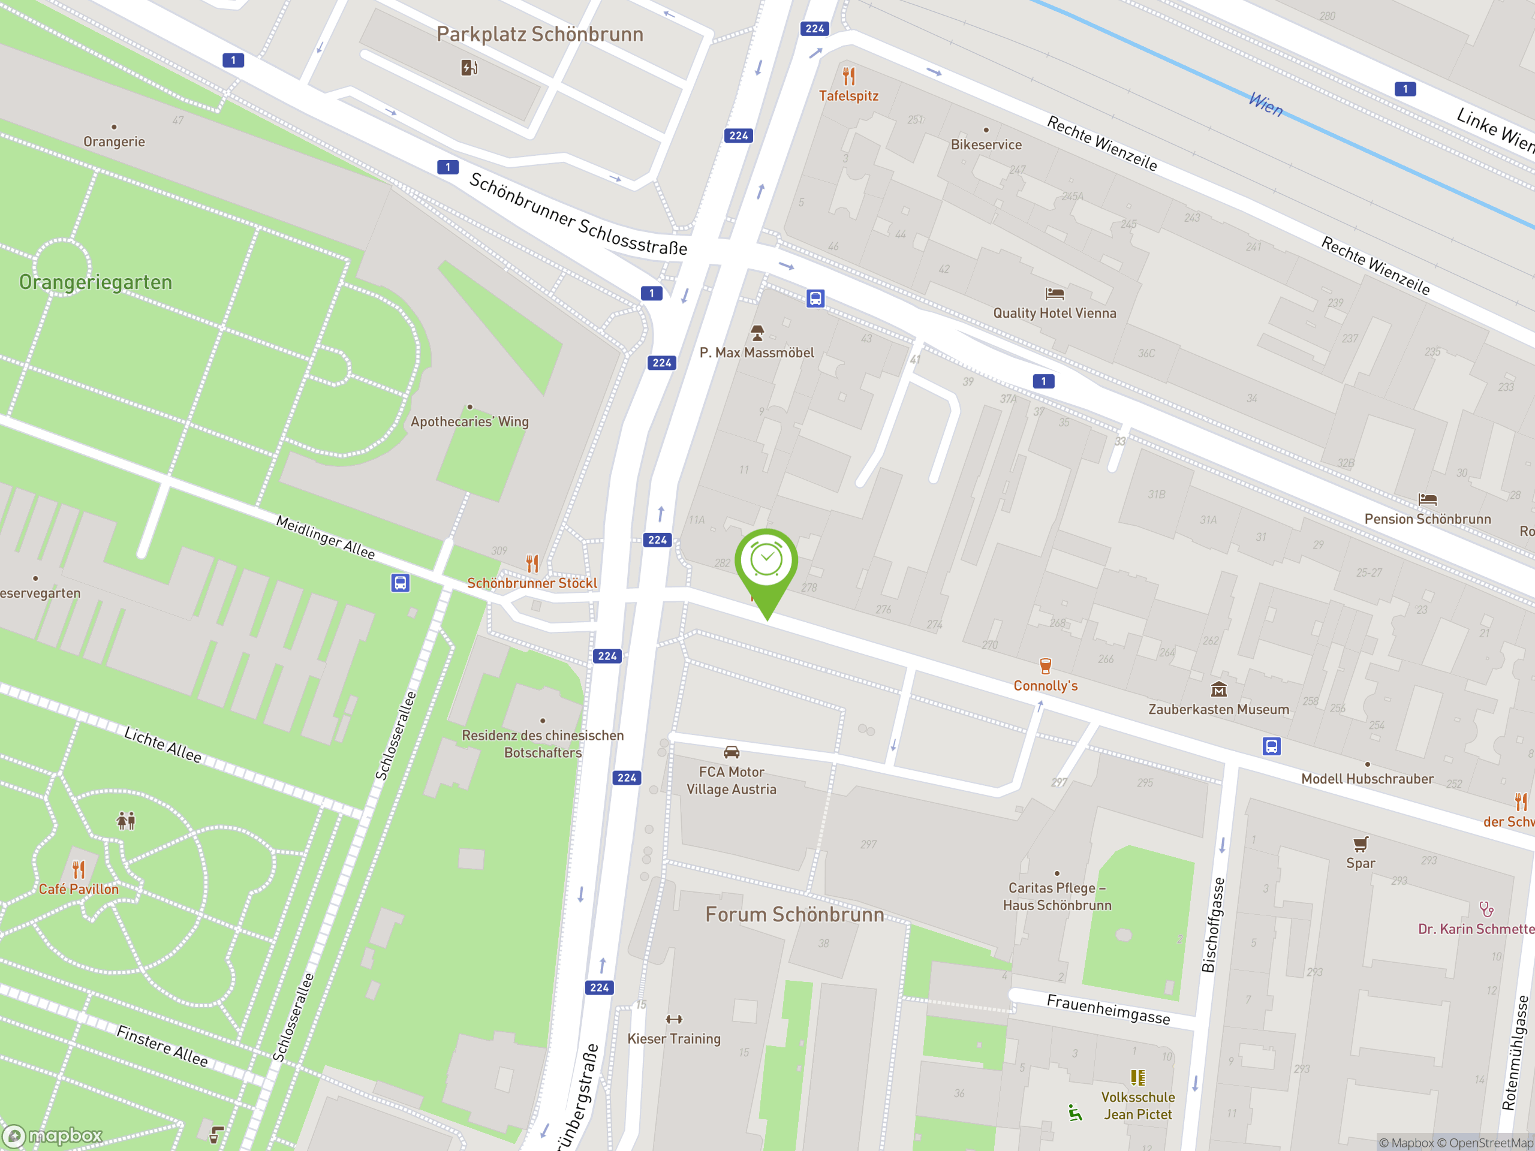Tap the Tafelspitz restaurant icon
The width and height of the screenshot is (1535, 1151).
(x=848, y=76)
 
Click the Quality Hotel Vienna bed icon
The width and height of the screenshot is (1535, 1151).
(x=1054, y=294)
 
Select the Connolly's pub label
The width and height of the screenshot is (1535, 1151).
(x=1045, y=685)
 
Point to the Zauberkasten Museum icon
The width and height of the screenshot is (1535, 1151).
(x=1218, y=689)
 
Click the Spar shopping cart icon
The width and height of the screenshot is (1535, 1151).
(x=1360, y=843)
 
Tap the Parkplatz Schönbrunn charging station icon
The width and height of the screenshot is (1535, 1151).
(x=469, y=67)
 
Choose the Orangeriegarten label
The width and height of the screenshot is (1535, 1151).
(x=96, y=282)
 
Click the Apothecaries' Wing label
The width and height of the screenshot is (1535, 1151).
(x=470, y=422)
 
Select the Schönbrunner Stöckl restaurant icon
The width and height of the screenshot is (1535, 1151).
(x=532, y=563)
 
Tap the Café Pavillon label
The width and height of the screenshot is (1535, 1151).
(x=79, y=889)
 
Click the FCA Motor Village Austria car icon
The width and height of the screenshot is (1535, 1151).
(x=732, y=752)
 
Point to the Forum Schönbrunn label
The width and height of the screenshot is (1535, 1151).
(x=794, y=914)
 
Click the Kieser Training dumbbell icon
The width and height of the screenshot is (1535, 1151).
(x=674, y=1019)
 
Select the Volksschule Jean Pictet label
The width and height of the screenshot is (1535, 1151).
(x=1137, y=1105)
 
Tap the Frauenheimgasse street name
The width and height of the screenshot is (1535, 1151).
(x=1108, y=1009)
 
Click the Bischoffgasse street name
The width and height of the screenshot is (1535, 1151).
(x=1213, y=924)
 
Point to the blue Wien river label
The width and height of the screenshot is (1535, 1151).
(x=1266, y=105)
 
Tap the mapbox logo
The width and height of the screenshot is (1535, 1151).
(x=53, y=1136)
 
